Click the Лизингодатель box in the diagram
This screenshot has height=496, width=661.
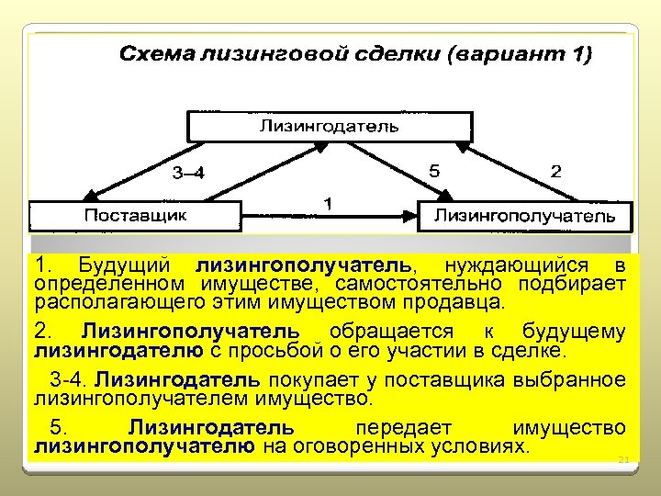pos(330,126)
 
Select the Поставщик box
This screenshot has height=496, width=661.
pos(134,216)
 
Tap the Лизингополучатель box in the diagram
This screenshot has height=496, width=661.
pos(525,216)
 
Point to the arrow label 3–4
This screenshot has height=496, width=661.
pos(191,171)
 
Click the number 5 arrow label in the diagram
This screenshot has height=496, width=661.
pos(433,170)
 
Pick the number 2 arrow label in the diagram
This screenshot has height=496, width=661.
pos(556,170)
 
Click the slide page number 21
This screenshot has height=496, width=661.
pos(623,459)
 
